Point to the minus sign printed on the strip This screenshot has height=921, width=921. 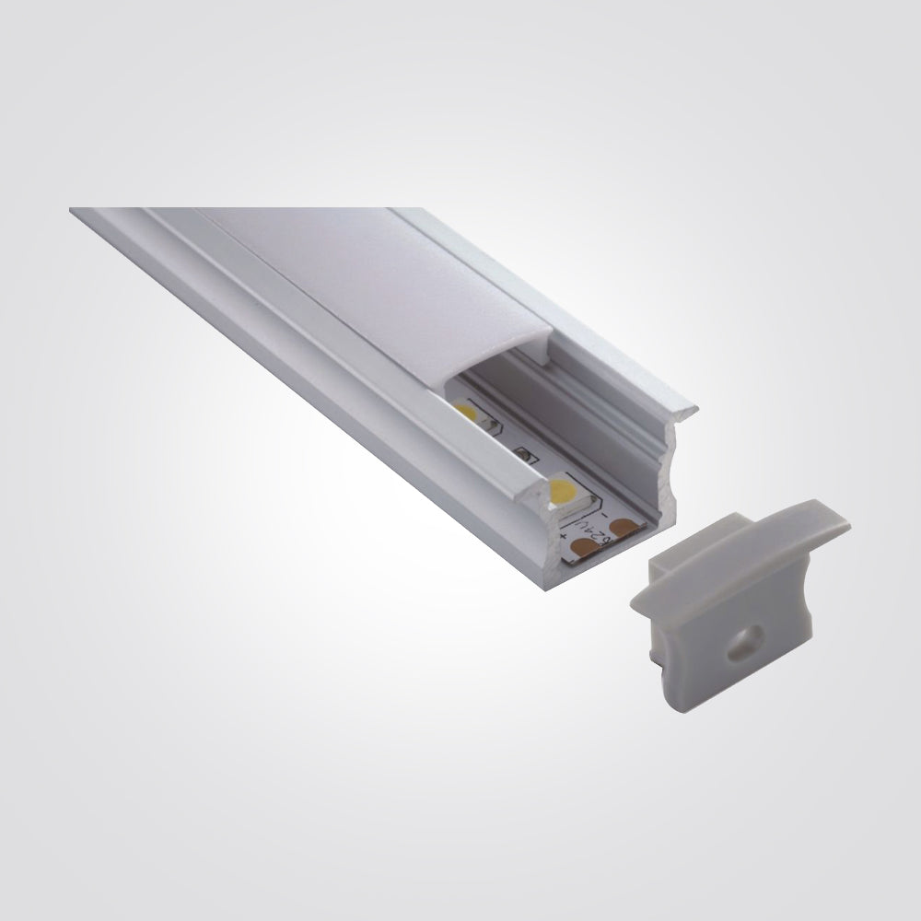click(x=601, y=505)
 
